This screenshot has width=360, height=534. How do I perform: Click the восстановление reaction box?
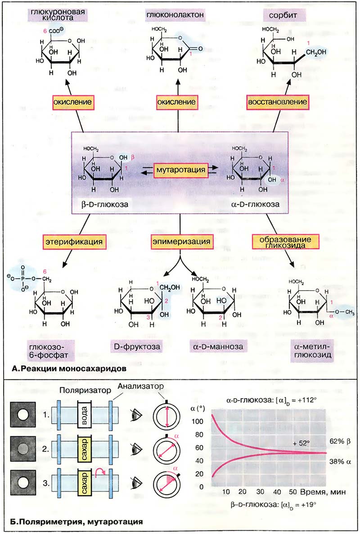277,102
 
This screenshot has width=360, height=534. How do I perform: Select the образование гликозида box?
283,242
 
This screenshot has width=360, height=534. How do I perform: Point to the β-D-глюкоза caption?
103,204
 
